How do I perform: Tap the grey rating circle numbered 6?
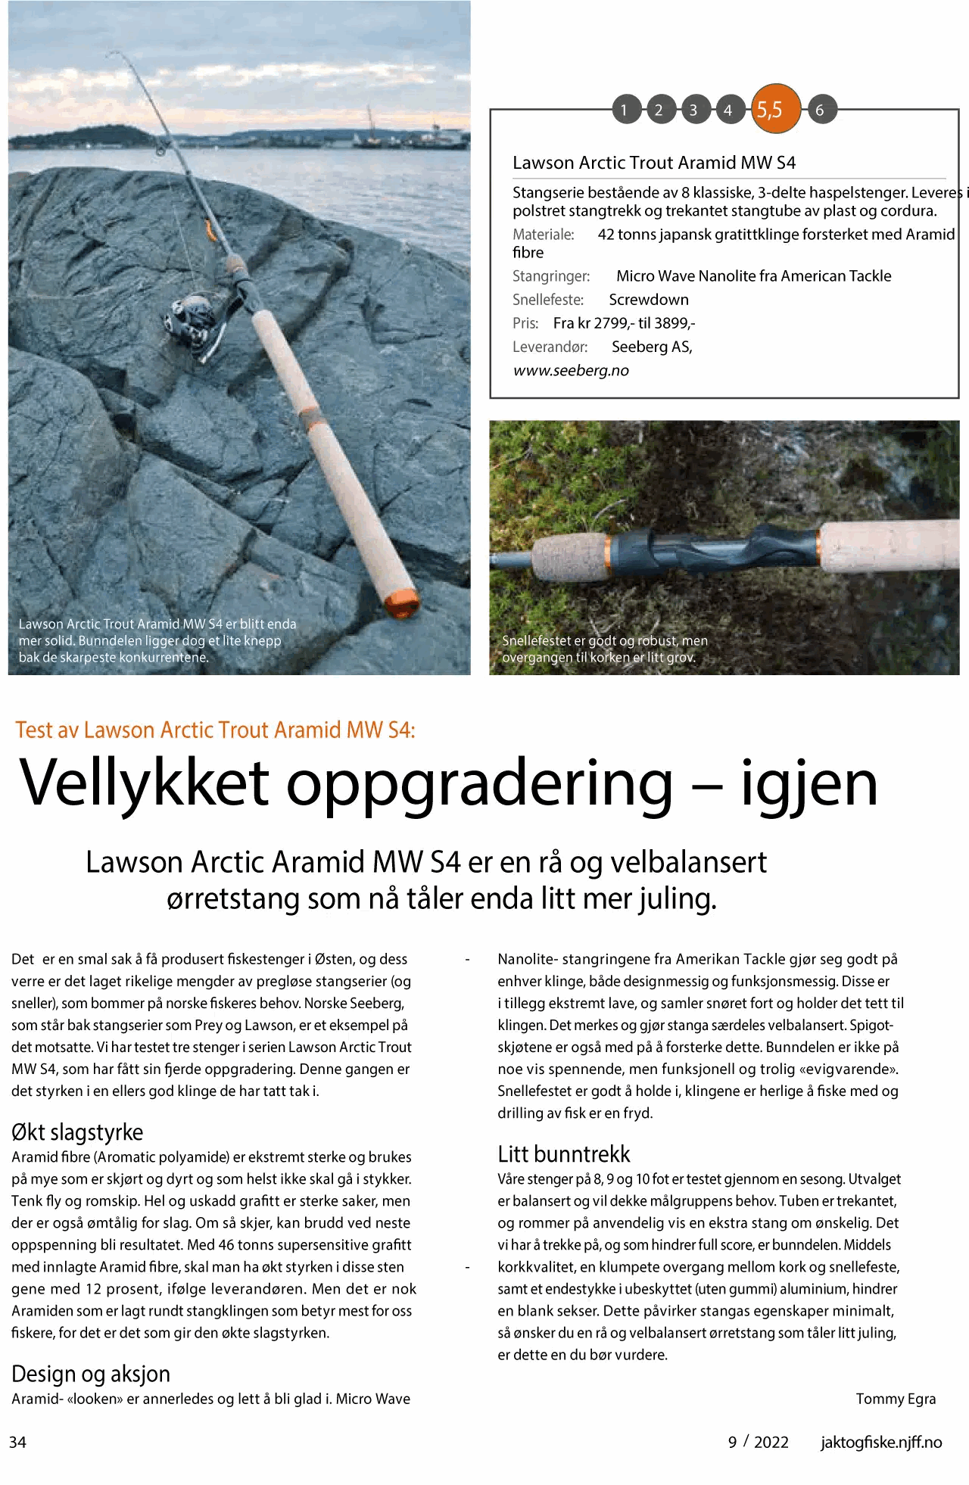point(819,111)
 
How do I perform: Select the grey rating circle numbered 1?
point(625,111)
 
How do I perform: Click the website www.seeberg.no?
point(571,371)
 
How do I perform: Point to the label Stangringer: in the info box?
point(550,276)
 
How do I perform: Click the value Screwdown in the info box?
point(649,300)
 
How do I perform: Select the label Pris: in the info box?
point(525,323)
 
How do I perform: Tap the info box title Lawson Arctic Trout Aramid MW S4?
point(654,163)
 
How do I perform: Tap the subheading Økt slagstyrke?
point(77,1132)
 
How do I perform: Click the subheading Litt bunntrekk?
point(564,1154)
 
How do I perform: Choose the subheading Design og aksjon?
point(91,1374)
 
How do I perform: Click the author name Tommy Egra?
point(896,1399)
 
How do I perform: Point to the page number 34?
point(18,1443)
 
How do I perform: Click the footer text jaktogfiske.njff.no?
point(881,1443)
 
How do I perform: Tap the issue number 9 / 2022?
point(759,1443)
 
